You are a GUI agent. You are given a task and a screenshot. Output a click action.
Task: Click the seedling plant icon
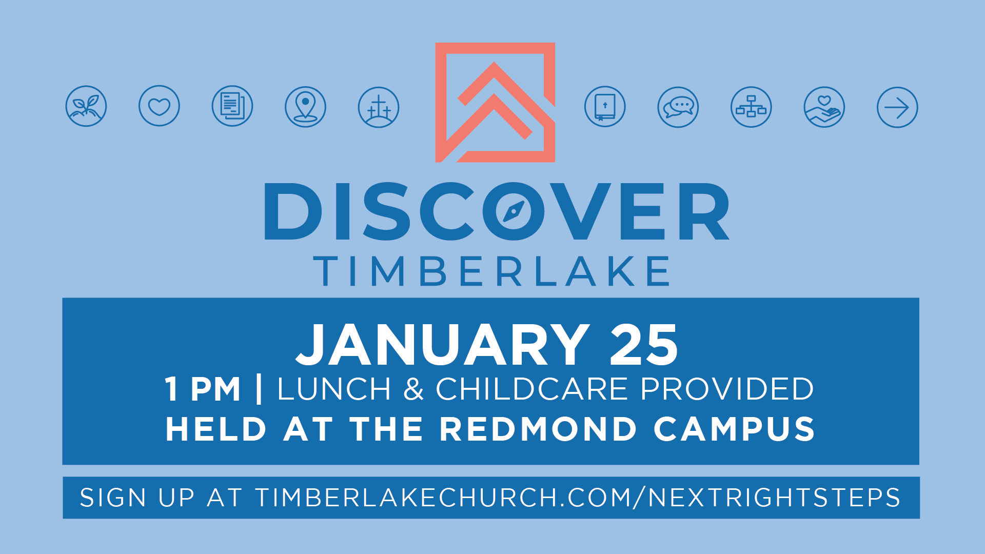86,106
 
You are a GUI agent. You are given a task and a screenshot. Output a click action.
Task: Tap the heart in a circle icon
159,106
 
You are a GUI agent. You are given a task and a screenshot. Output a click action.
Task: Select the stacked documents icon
232,106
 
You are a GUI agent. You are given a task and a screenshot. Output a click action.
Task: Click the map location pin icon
305,107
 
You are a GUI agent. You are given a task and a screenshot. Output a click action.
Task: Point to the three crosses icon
379,107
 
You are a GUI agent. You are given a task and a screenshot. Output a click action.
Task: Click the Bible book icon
605,107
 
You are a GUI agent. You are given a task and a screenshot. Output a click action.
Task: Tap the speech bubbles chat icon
678,107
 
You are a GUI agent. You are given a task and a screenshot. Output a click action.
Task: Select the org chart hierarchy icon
751,107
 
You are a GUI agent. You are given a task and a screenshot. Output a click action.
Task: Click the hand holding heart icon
824,107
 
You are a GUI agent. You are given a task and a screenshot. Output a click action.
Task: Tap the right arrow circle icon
897,107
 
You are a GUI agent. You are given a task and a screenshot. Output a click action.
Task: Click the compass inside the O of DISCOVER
514,211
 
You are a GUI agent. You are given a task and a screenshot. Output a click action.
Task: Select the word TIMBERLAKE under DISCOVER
491,271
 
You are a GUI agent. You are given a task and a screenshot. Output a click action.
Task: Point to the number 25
644,345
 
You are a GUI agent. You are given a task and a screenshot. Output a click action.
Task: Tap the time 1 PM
203,389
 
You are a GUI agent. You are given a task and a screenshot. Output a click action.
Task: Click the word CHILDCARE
532,389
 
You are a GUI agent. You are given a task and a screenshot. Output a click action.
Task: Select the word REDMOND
538,429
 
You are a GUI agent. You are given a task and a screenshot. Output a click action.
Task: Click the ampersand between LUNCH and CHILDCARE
413,389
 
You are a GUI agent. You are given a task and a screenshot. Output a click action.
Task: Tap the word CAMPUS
734,429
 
